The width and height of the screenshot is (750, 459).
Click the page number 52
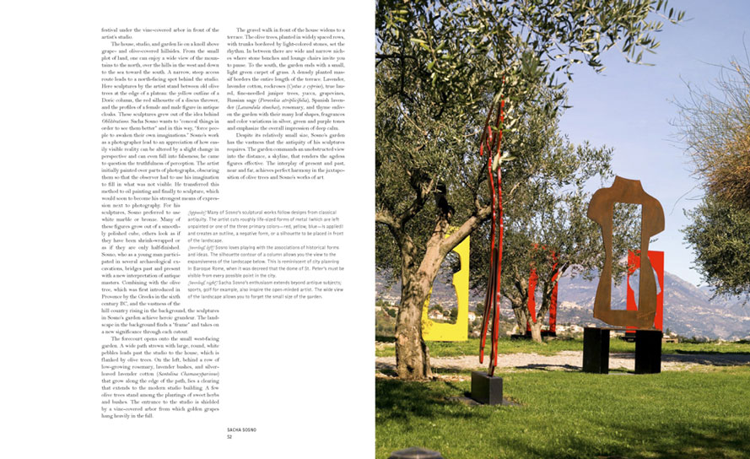(229, 437)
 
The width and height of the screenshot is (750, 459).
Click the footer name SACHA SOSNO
(241, 430)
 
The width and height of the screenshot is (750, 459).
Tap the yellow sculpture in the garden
(458, 291)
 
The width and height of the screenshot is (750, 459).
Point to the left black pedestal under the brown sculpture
(596, 349)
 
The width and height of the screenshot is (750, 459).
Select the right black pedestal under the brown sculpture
(648, 351)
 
